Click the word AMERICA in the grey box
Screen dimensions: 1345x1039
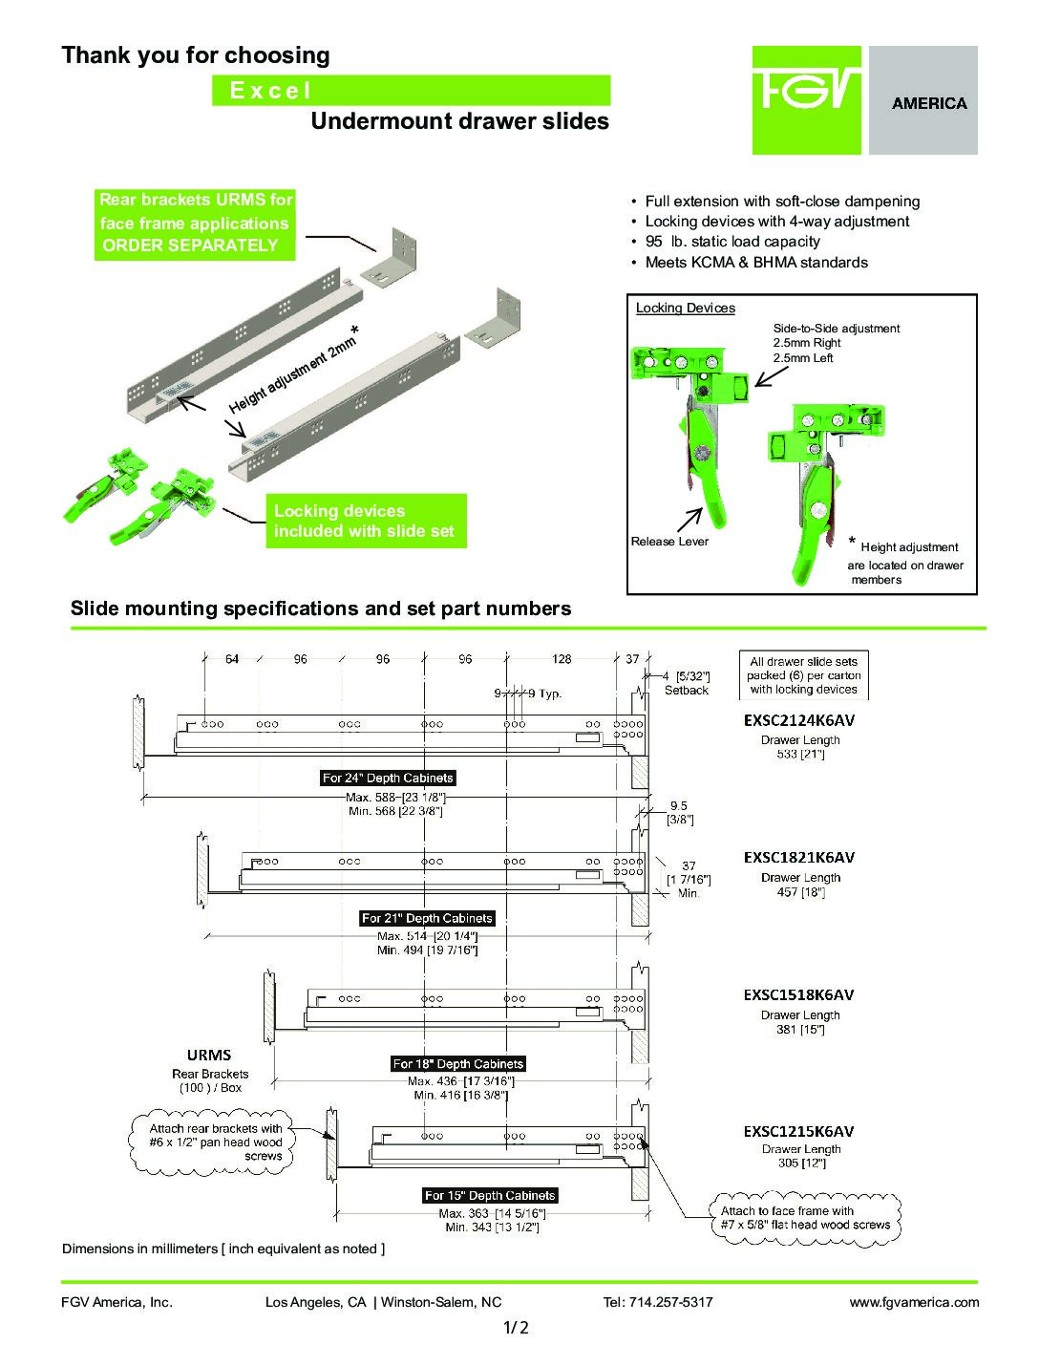coord(928,103)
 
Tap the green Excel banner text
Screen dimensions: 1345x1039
coord(270,91)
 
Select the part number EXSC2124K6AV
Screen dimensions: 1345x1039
coord(798,719)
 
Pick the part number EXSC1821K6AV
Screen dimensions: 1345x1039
coord(798,857)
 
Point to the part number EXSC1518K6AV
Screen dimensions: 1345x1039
coord(798,994)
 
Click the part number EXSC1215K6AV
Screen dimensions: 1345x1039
coord(798,1131)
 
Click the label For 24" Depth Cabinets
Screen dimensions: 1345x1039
coord(388,778)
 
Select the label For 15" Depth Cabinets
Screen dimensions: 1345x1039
coord(490,1195)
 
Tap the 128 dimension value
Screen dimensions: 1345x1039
coord(562,659)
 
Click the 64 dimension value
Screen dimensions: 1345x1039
coord(232,659)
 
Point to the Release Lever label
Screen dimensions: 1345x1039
coord(669,542)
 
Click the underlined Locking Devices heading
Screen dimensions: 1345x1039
coord(686,309)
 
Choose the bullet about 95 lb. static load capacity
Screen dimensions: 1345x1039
coord(732,242)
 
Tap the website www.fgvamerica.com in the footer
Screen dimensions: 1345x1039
coord(914,1302)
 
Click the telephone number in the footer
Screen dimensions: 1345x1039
coord(658,1302)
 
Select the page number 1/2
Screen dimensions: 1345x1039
coord(516,1327)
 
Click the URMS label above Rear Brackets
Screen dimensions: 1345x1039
coord(209,1055)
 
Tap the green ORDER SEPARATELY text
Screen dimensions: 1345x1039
coord(190,246)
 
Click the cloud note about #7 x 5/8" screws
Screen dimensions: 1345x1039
coord(805,1218)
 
